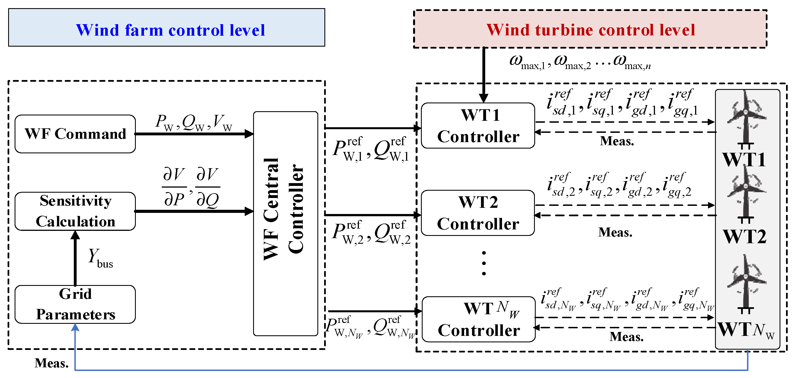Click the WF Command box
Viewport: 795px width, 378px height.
(75, 134)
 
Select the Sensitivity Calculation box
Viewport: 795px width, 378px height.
(75, 211)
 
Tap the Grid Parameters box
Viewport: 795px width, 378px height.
(75, 304)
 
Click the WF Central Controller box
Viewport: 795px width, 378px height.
(285, 224)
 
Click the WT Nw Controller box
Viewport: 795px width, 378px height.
(478, 319)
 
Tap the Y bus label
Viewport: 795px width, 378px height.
(100, 258)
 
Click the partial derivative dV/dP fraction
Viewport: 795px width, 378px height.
(174, 187)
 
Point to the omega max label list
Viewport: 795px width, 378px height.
(580, 62)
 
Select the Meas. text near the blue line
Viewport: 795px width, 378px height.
(51, 363)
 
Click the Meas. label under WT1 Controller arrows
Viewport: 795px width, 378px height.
(617, 141)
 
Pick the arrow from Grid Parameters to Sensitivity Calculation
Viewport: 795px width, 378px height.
(75, 258)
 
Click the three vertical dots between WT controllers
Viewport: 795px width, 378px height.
(484, 263)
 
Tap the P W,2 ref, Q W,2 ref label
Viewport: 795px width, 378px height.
(371, 234)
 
